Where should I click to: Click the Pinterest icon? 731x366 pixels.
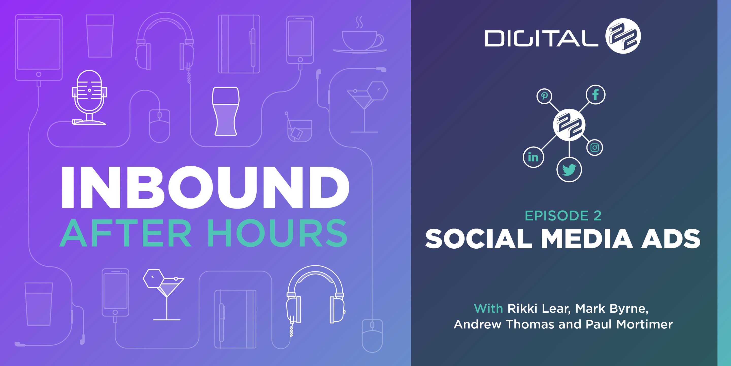tap(544, 96)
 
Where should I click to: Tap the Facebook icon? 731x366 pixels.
tap(595, 94)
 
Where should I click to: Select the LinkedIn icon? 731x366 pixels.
tap(533, 157)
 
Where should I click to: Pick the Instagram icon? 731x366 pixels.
tap(594, 148)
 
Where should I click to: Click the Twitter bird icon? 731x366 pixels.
tap(569, 169)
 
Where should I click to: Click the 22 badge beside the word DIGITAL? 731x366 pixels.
tap(623, 36)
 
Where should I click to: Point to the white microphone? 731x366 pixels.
tap(89, 97)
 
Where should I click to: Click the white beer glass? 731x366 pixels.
tap(226, 111)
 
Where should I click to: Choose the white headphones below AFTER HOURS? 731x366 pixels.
tap(315, 298)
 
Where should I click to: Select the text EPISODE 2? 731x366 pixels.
tap(563, 216)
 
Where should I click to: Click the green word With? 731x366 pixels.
tap(488, 308)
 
